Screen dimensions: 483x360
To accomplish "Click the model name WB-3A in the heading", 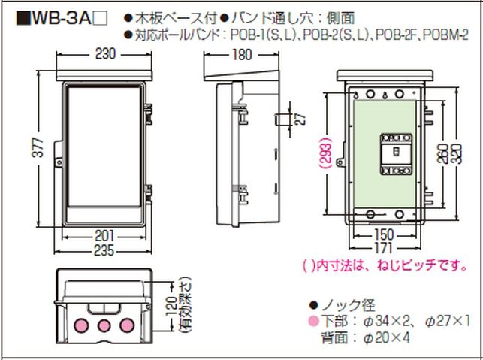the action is (x=62, y=19).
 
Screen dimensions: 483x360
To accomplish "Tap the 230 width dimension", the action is (x=105, y=54).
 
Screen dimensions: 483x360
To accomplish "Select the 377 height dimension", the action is (x=39, y=147).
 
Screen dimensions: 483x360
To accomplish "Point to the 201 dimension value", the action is (x=104, y=236).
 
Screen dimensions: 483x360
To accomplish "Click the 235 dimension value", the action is (x=104, y=250).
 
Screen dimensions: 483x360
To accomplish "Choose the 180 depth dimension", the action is (x=242, y=55).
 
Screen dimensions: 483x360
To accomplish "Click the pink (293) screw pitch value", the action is (x=326, y=153).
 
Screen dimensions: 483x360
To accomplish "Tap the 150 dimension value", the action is (x=384, y=234).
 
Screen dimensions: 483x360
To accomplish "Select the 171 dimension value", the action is (x=382, y=247).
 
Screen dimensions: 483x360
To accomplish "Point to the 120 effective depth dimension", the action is (x=172, y=307).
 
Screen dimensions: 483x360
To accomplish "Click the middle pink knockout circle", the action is (x=104, y=325).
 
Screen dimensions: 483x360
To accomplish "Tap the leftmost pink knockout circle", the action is (x=81, y=325).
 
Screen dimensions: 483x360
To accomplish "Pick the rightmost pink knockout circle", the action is (x=127, y=325).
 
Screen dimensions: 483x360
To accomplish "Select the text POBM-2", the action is (x=445, y=35).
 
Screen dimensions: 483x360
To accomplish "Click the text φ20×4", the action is (x=387, y=338).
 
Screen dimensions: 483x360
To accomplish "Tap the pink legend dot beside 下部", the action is (x=313, y=321).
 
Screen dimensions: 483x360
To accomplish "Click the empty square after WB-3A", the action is (x=100, y=19).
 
